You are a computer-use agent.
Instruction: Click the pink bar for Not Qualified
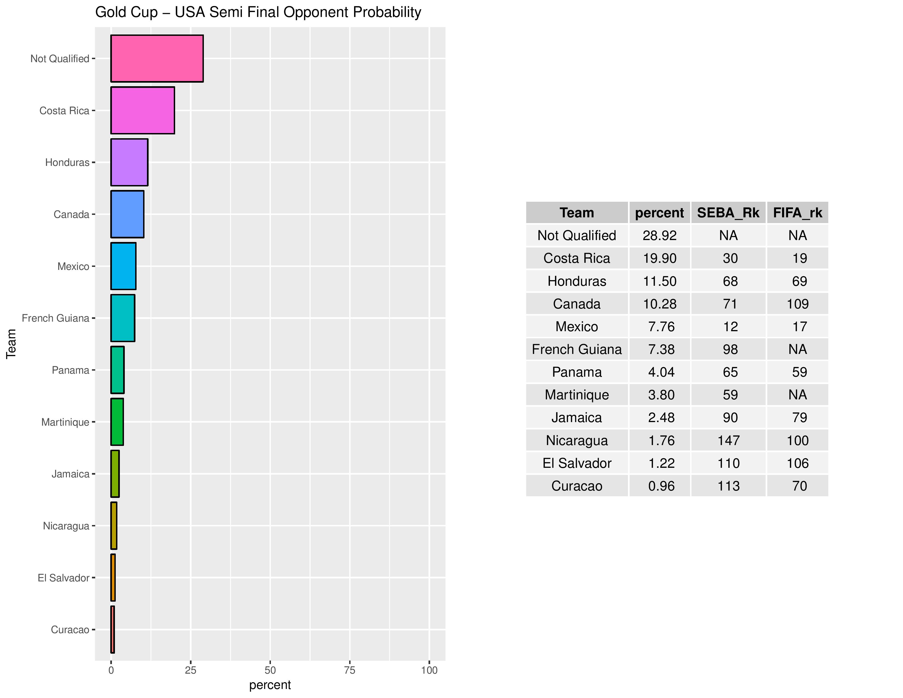coord(157,59)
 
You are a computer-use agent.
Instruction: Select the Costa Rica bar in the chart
coord(142,110)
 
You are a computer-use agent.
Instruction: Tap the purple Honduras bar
coord(129,163)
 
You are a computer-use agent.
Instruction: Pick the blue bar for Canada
coord(127,214)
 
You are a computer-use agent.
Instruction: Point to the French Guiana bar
coord(122,318)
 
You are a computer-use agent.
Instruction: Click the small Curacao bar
coord(112,629)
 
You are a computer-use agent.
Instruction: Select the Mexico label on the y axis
coord(73,266)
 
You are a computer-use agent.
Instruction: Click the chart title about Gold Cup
coord(258,12)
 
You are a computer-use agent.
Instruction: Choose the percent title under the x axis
coord(270,685)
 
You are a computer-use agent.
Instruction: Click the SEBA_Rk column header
coord(728,212)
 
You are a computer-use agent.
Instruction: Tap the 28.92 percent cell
coord(659,235)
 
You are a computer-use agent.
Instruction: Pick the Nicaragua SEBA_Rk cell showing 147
coord(728,440)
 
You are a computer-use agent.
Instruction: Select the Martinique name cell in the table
coord(577,395)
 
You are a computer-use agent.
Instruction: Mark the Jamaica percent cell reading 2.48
coord(661,418)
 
